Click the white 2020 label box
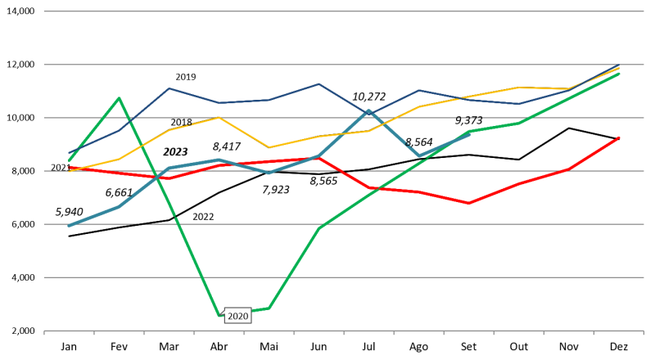(x=237, y=316)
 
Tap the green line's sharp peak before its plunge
(x=120, y=98)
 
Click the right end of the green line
(x=619, y=74)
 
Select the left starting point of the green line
(x=69, y=160)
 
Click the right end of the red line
(x=619, y=137)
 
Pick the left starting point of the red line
(x=69, y=168)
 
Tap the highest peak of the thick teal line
(x=369, y=110)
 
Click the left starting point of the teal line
(x=69, y=225)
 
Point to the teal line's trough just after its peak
(x=419, y=155)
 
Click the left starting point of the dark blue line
(x=69, y=153)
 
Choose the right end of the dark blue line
(x=619, y=65)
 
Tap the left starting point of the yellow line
(x=69, y=171)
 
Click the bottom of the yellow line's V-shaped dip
(x=269, y=148)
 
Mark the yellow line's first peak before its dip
(x=219, y=118)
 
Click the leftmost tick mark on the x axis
(x=44, y=332)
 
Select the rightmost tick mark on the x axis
(x=644, y=332)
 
